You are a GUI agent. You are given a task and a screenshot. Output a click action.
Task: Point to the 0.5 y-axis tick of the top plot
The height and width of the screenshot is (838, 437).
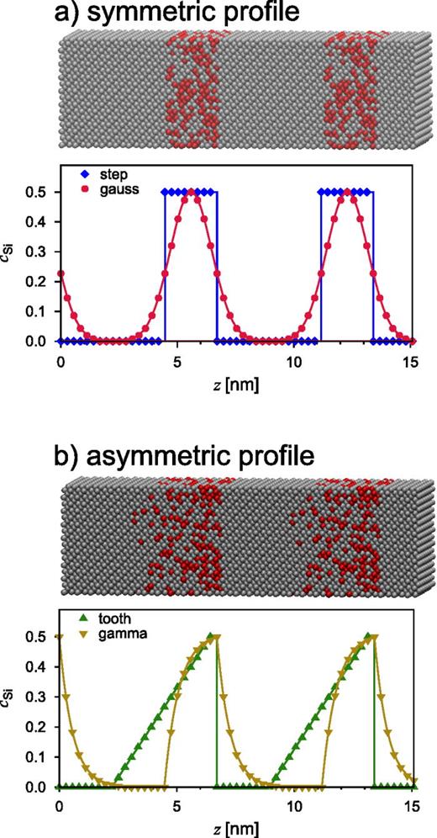(39, 193)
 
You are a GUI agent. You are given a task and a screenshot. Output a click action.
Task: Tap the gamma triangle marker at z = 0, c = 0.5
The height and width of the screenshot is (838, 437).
(59, 637)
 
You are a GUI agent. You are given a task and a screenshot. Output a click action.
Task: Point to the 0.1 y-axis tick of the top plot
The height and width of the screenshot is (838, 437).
(39, 311)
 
